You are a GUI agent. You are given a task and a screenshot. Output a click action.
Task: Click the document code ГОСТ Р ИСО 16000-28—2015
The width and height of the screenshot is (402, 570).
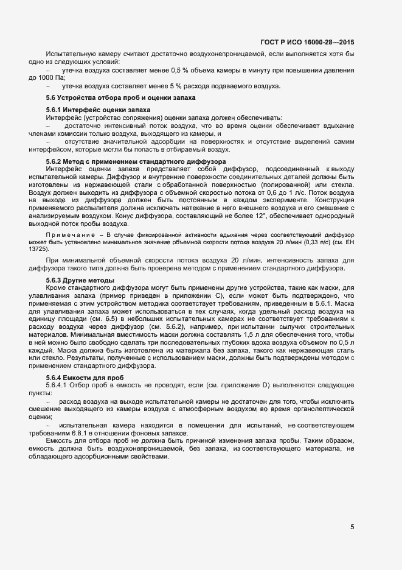(x=307, y=42)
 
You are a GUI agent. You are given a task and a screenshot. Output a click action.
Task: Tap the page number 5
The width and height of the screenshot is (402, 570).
(x=352, y=527)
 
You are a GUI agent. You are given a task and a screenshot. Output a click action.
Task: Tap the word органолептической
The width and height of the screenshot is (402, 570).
(x=322, y=409)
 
